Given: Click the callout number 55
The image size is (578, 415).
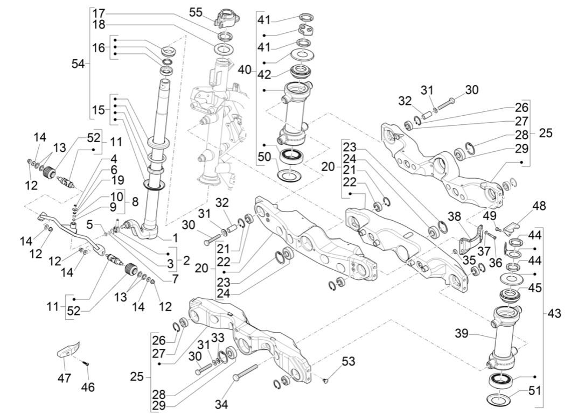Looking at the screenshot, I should tap(196, 12).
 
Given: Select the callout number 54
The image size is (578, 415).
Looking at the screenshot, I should tap(79, 64).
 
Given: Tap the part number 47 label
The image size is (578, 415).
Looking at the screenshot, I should tap(64, 378).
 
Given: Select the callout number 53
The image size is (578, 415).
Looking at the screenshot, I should tap(349, 361).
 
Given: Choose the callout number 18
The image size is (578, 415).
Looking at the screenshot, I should tap(99, 25).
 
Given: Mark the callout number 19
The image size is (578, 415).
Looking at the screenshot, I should tap(117, 180).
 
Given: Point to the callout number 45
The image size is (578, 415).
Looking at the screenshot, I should tap(534, 288).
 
